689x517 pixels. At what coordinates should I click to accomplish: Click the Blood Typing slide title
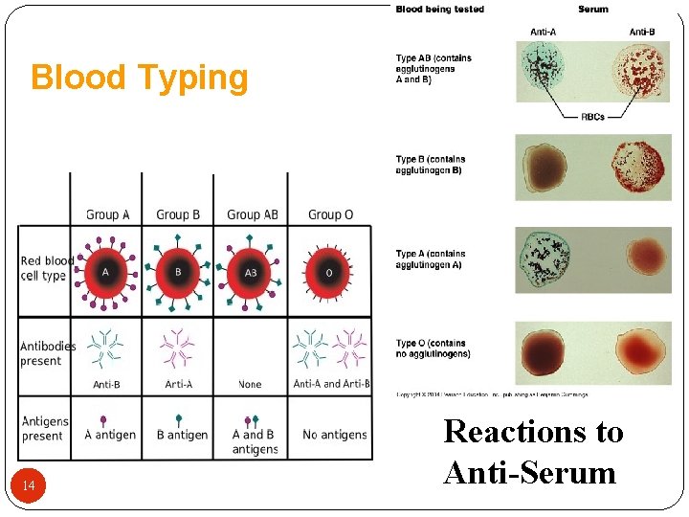[x=140, y=78]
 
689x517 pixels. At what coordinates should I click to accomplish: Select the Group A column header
[x=107, y=214]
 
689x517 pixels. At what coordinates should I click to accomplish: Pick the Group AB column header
[x=253, y=214]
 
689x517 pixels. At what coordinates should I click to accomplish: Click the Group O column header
[x=330, y=214]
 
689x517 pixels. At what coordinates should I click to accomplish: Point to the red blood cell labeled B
[x=178, y=272]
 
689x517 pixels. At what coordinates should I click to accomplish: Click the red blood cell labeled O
[x=329, y=272]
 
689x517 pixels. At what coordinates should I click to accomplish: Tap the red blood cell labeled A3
[x=250, y=272]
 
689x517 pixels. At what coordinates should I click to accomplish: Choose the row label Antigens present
[x=45, y=428]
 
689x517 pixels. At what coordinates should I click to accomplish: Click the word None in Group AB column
[x=250, y=385]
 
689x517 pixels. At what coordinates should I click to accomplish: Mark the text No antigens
[x=334, y=435]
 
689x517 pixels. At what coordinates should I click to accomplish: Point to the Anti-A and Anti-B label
[x=331, y=385]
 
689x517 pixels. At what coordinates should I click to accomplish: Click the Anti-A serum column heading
[x=544, y=32]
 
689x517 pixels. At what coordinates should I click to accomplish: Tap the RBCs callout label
[x=593, y=116]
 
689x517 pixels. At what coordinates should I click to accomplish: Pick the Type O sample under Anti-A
[x=542, y=352]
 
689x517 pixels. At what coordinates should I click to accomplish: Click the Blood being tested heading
[x=440, y=10]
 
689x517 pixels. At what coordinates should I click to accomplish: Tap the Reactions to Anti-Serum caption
[x=533, y=452]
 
